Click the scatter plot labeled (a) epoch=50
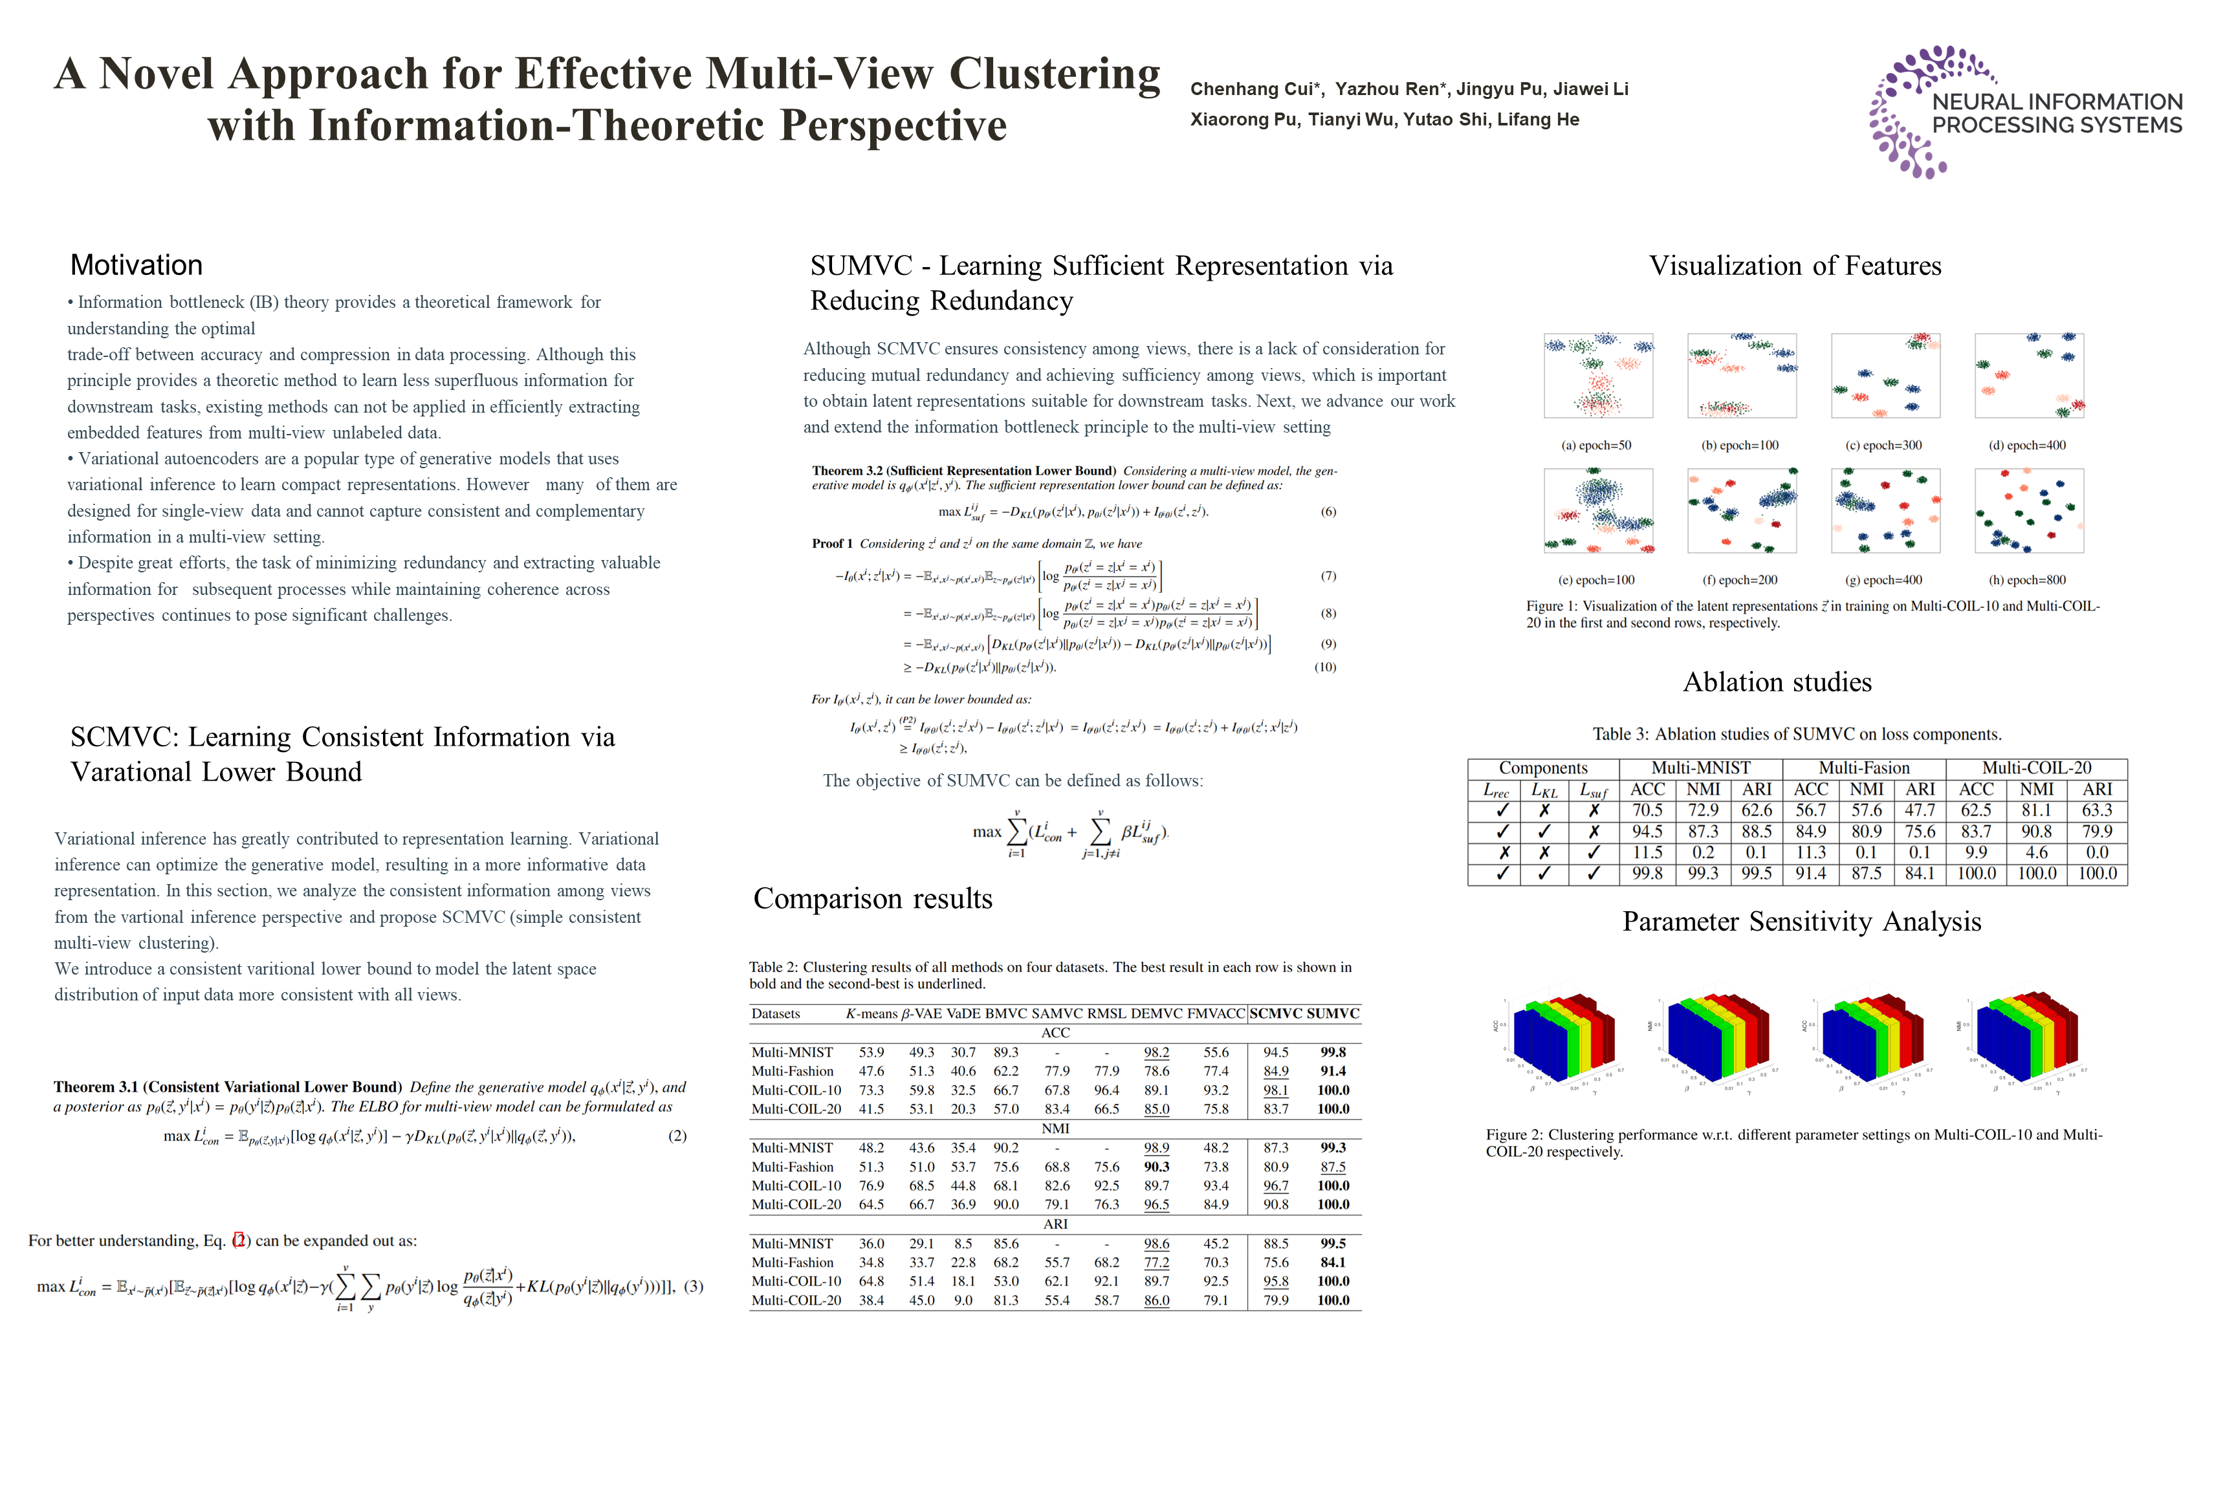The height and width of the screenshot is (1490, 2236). pyautogui.click(x=1597, y=375)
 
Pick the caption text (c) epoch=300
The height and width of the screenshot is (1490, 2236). pyautogui.click(x=1883, y=446)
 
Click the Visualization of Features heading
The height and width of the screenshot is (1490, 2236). pyautogui.click(x=1794, y=266)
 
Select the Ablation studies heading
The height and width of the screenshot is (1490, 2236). pyautogui.click(x=1776, y=682)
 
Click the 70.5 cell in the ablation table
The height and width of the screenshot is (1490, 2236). pyautogui.click(x=1647, y=810)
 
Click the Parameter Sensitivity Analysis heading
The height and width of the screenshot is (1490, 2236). pyautogui.click(x=1801, y=922)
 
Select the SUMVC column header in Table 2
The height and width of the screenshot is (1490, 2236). pyautogui.click(x=1332, y=1014)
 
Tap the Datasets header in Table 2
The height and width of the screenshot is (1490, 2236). pyautogui.click(x=775, y=1014)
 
